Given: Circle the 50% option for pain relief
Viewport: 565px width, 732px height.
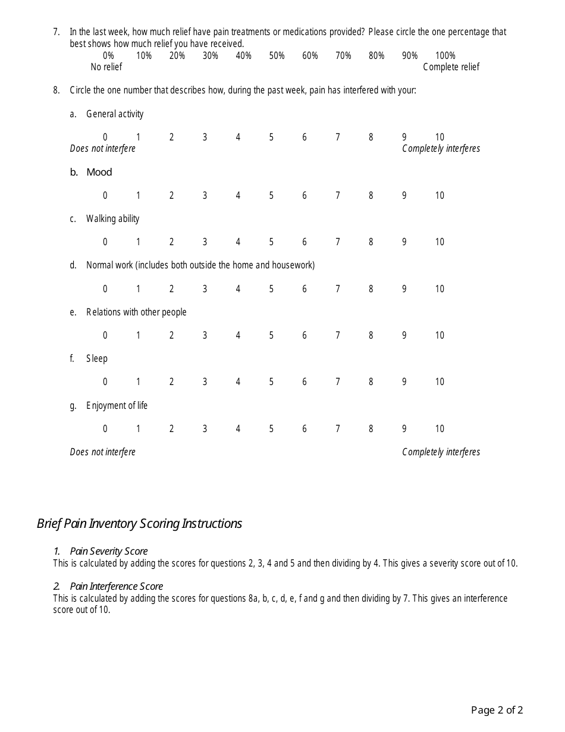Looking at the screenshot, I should coord(277,55).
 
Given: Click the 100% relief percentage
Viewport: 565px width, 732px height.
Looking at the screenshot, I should coord(445,55).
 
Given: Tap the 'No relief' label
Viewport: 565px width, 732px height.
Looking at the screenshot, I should coord(106,67).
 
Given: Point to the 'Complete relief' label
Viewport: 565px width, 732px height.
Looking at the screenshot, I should coord(451,67).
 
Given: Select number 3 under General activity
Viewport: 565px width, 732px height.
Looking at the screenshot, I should coord(205,137).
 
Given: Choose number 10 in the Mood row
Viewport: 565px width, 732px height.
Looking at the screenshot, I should coord(439,195).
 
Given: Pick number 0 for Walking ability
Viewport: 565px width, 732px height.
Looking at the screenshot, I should coord(105,242).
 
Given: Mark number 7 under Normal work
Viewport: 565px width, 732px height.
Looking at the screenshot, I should coord(337,289).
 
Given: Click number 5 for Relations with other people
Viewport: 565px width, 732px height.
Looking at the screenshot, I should coord(271,335).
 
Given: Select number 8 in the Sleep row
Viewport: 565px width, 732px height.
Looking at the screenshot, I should coord(371,381).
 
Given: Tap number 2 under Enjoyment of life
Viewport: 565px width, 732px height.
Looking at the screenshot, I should coord(171,428).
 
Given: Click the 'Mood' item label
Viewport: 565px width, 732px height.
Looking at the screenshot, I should coord(99,172).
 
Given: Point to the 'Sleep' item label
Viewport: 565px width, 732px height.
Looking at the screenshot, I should coord(97,358).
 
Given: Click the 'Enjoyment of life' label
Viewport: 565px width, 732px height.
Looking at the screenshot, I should coord(117,405).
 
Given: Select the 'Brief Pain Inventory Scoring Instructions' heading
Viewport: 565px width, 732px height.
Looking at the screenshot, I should coord(139,523).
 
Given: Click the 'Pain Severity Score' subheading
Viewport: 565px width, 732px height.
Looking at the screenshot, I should coord(108,551).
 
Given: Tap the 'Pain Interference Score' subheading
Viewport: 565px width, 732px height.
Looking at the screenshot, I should coord(116,586).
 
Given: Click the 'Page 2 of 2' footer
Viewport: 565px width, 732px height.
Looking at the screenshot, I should coord(497,709).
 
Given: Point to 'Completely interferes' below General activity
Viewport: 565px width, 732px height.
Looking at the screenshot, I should coord(441,148).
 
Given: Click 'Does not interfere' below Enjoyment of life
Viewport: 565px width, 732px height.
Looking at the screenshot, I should coord(102,452).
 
